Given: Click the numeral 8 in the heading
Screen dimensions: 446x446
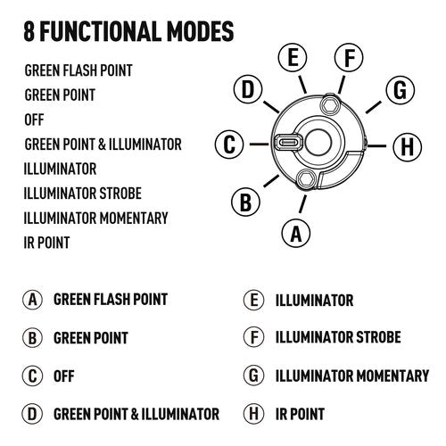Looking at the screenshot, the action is pyautogui.click(x=29, y=31).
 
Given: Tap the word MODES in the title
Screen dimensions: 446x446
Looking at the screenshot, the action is pyautogui.click(x=200, y=31).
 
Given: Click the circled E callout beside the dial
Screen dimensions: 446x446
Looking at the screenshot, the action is pyautogui.click(x=293, y=57).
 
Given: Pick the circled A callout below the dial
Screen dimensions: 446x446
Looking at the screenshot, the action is pyautogui.click(x=296, y=234).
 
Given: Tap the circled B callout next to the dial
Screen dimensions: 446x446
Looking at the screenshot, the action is pyautogui.click(x=245, y=202).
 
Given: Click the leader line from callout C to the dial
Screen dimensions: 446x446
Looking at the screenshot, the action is pyautogui.click(x=259, y=145).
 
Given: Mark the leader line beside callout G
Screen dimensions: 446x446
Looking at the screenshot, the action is pyautogui.click(x=374, y=107).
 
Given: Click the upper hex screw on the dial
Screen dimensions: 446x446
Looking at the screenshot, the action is pyautogui.click(x=330, y=104).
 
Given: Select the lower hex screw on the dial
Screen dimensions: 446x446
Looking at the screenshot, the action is pyautogui.click(x=306, y=179).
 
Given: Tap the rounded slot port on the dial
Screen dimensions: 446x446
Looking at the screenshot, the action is pyautogui.click(x=287, y=142).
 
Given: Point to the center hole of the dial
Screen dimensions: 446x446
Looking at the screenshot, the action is pyautogui.click(x=318, y=142).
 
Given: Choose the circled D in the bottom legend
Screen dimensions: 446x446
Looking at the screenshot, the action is pyautogui.click(x=32, y=414).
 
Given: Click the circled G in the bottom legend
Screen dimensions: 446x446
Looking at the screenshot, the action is pyautogui.click(x=253, y=376).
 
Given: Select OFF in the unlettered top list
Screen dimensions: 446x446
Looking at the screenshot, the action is pyautogui.click(x=34, y=120).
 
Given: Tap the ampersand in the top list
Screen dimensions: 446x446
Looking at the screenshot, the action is pyautogui.click(x=102, y=145).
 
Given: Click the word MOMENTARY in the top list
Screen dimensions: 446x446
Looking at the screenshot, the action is pyautogui.click(x=134, y=218).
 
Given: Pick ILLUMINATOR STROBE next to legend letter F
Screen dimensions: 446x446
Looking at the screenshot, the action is pyautogui.click(x=338, y=337).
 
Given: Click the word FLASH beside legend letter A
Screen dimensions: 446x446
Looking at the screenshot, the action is pyautogui.click(x=111, y=300).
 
